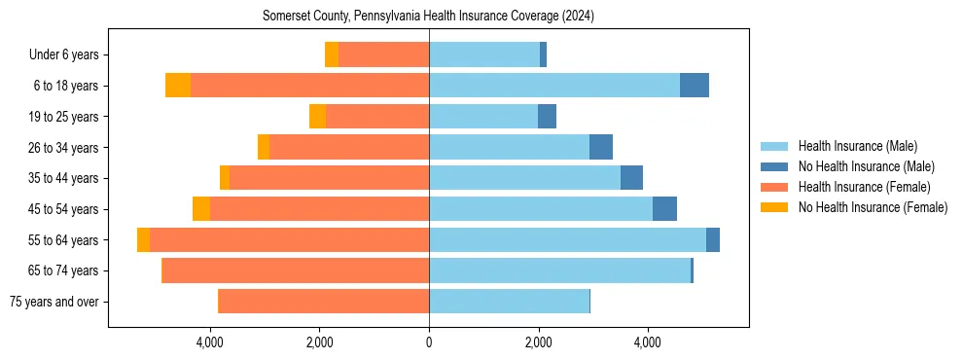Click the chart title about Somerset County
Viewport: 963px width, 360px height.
[428, 17]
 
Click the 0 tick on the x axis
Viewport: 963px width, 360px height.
[429, 342]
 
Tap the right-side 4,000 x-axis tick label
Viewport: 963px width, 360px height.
[648, 342]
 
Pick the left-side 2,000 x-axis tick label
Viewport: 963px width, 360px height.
[320, 342]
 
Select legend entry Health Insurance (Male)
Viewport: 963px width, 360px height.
[857, 146]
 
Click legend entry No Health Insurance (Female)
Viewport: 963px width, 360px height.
[873, 207]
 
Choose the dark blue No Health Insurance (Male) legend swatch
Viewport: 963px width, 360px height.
[774, 166]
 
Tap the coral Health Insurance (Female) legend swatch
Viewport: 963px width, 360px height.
[774, 187]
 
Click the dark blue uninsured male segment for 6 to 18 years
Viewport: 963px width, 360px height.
[695, 86]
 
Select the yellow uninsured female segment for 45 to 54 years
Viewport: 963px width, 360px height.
[201, 209]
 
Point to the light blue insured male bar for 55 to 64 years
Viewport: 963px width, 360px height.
[567, 240]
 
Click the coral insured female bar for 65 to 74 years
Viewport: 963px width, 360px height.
[296, 270]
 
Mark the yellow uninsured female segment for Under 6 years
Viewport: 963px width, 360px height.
[332, 55]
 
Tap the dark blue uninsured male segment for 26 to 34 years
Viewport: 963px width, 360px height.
[601, 148]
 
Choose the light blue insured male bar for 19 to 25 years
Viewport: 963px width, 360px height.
[483, 117]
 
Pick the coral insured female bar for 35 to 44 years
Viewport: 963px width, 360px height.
[329, 178]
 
